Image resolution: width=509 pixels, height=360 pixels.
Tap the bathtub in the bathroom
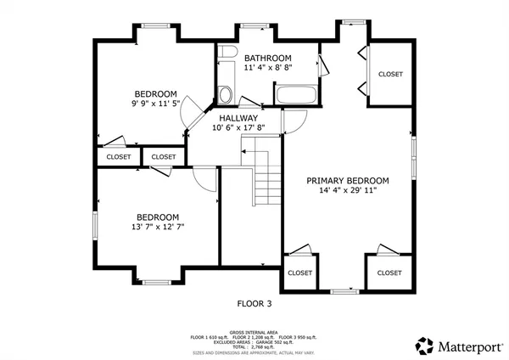[296, 95]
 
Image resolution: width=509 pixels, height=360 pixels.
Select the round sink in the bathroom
[226, 93]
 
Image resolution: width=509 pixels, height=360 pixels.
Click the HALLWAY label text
[238, 118]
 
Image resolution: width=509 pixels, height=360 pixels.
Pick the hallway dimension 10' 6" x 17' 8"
[238, 128]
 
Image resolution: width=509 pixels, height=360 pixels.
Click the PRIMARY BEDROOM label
[348, 180]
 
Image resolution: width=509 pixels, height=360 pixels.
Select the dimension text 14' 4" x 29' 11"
[348, 190]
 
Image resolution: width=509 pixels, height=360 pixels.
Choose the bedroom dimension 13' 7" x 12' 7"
[157, 227]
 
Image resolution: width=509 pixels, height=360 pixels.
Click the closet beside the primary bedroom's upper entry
[390, 74]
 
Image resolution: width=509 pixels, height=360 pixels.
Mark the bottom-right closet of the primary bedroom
[389, 273]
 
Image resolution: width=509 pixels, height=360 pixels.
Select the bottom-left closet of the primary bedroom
[299, 273]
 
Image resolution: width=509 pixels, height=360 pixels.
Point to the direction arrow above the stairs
[252, 150]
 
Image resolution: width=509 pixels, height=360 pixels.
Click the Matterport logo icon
[424, 345]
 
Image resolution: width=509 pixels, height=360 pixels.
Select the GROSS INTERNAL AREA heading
[254, 332]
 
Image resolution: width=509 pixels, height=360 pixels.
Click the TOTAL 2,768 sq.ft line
[254, 346]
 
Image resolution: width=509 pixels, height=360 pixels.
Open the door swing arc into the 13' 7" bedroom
[204, 177]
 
